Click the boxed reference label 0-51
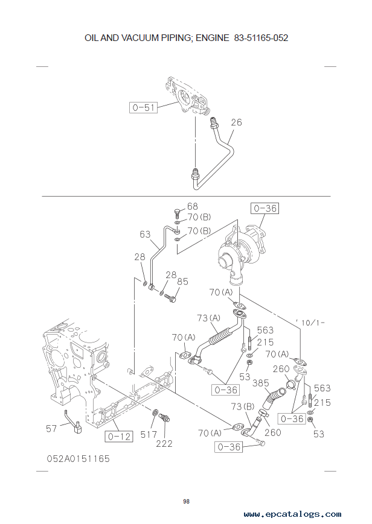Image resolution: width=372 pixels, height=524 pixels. click(143, 107)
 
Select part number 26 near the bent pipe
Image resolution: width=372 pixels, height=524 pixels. click(236, 122)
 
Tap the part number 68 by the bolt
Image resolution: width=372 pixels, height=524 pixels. click(193, 207)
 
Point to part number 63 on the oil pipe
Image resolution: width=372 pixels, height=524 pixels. click(145, 234)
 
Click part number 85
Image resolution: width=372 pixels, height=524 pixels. click(182, 281)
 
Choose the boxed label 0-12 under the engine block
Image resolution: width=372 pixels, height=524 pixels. click(119, 436)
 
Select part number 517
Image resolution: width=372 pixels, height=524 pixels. click(149, 434)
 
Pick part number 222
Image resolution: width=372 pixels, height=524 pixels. click(164, 443)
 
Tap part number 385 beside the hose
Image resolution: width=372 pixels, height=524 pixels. click(260, 382)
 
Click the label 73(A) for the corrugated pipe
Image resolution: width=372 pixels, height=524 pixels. click(208, 318)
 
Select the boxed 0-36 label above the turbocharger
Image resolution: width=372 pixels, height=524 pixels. click(265, 209)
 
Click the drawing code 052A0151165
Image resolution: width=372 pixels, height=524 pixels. click(79, 459)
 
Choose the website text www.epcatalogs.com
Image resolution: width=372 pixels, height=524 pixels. click(292, 514)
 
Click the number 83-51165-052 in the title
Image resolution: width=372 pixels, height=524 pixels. click(261, 37)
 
